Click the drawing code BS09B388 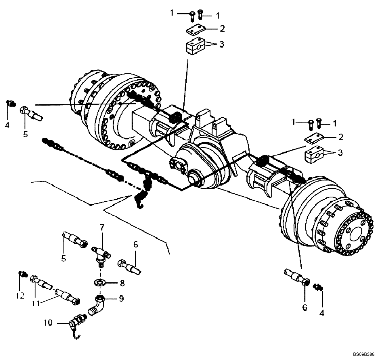(x=363, y=355)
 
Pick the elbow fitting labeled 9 (x=97, y=305)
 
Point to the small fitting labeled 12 (x=22, y=274)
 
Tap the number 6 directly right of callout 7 (x=136, y=245)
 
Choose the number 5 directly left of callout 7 (x=64, y=259)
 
